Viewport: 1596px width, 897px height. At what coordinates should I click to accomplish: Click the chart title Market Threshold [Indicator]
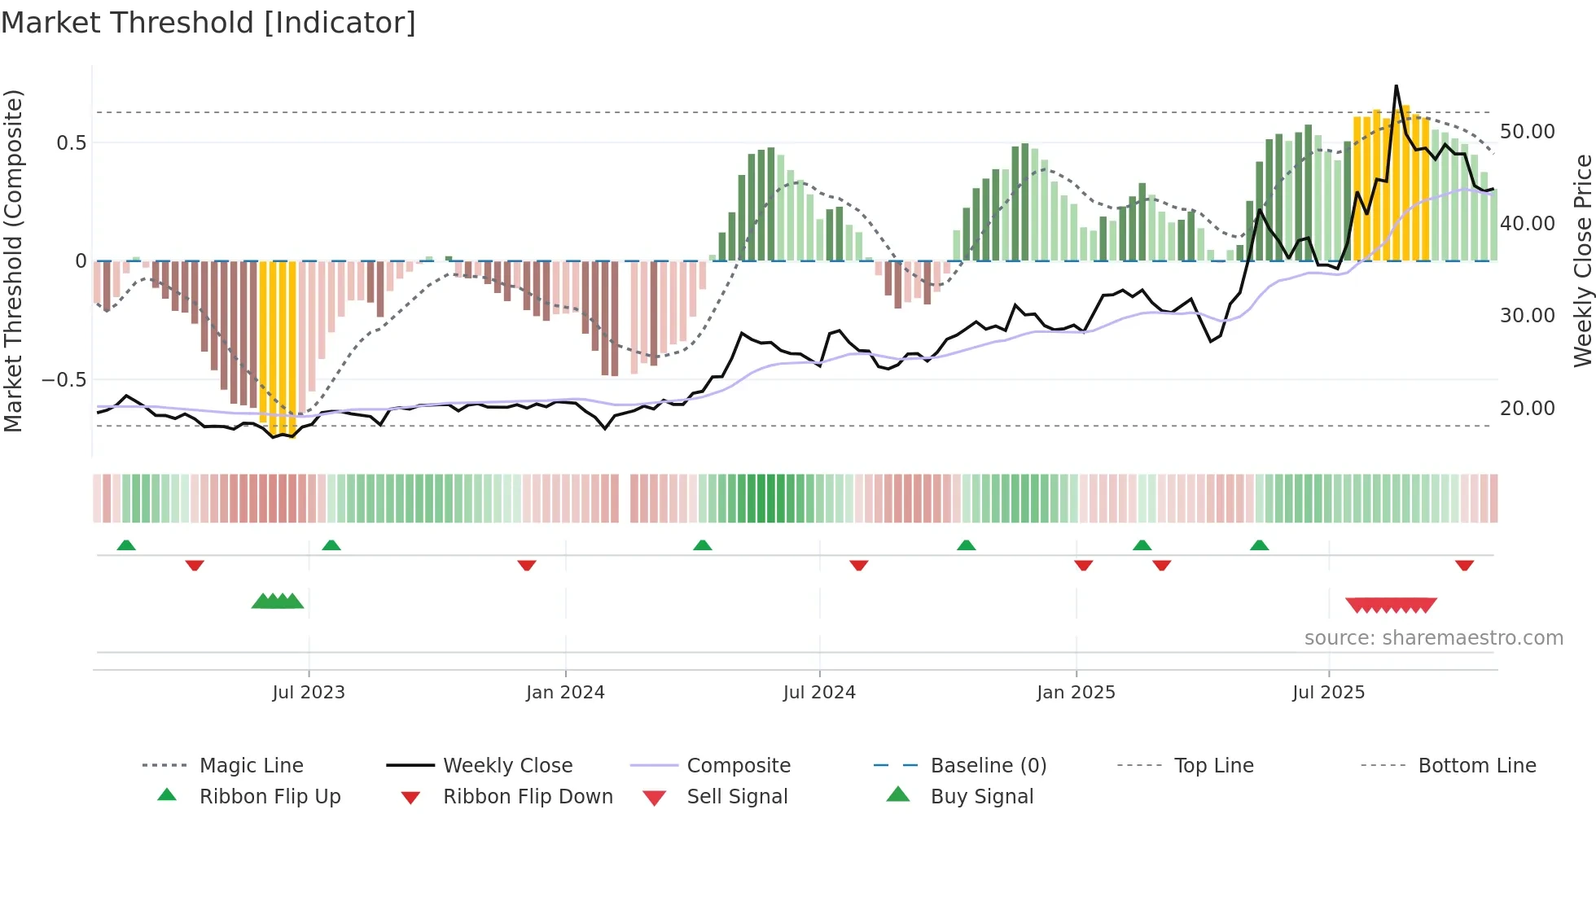pos(208,23)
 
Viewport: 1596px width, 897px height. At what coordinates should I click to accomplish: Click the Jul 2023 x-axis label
pos(309,693)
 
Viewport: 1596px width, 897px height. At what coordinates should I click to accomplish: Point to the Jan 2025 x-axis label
pos(1076,693)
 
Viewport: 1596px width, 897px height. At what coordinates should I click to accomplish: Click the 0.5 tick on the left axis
pos(72,143)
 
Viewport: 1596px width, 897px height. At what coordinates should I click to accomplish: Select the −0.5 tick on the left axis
pos(64,380)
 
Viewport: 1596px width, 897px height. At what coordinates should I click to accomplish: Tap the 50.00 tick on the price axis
pos(1527,132)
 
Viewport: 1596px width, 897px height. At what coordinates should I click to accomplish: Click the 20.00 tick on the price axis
pos(1527,409)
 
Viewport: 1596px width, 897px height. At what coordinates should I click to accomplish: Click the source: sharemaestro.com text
pos(1433,638)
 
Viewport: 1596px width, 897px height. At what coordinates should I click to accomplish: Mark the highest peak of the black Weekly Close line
pos(1396,86)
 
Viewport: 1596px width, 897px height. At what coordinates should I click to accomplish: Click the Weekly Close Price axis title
pos(1582,260)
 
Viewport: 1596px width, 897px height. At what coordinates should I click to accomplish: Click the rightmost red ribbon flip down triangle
pos(1464,565)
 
